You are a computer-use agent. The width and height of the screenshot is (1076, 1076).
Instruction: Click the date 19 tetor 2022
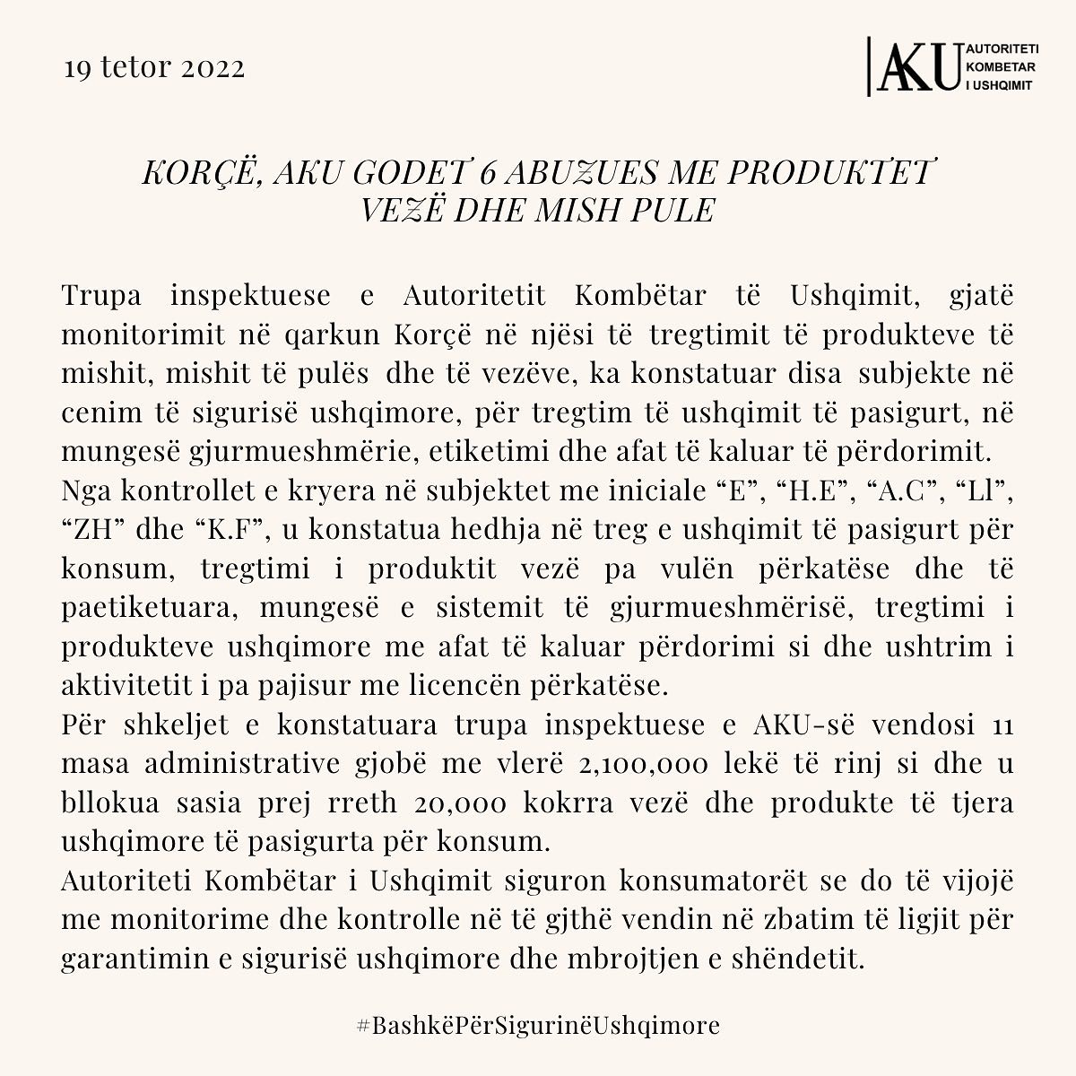tap(154, 69)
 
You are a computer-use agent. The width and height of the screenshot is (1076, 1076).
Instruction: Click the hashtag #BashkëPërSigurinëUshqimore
tap(538, 1025)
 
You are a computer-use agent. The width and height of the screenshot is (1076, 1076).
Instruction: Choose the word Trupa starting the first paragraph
tap(100, 294)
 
